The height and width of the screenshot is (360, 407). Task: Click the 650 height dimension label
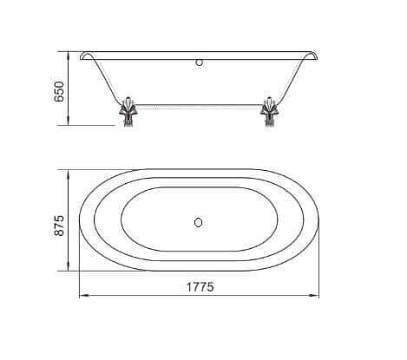59,91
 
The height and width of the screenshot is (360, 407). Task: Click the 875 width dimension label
59,226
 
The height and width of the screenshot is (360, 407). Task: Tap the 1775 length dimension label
200,287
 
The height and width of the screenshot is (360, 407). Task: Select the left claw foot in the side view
128,112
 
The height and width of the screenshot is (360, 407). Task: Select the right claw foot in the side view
269,112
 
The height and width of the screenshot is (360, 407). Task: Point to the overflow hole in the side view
199,62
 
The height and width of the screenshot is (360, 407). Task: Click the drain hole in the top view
198,222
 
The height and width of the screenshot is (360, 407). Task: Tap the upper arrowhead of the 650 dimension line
69,56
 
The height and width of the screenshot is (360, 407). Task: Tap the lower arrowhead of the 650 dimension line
69,121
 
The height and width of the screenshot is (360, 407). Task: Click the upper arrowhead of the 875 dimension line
69,174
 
